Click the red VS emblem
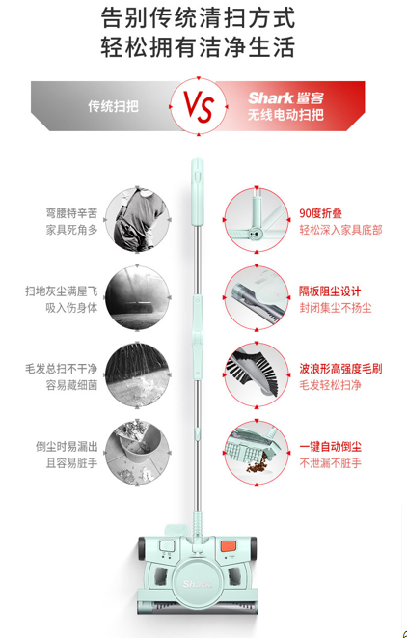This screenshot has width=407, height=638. [199, 107]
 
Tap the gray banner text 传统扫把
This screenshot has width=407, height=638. [114, 106]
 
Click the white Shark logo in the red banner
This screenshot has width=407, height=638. [270, 98]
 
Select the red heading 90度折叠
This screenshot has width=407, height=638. [321, 213]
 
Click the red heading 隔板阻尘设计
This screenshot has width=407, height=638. [330, 291]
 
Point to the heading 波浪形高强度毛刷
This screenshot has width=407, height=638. [340, 369]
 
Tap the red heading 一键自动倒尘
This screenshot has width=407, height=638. [330, 447]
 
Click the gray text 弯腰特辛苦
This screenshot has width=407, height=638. [71, 213]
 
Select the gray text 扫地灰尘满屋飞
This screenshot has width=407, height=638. [62, 291]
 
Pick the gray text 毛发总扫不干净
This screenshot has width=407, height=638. [62, 369]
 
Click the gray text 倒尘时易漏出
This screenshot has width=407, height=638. [67, 447]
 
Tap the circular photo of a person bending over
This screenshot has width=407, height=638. [137, 220]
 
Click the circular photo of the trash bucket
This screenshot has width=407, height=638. [137, 453]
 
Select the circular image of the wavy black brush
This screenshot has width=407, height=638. [257, 375]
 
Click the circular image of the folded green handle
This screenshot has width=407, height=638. [257, 220]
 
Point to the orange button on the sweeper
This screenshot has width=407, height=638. [229, 546]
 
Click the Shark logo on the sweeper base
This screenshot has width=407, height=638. [197, 585]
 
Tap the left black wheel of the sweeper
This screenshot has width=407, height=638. [143, 547]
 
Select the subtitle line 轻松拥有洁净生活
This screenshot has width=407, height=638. [198, 47]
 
